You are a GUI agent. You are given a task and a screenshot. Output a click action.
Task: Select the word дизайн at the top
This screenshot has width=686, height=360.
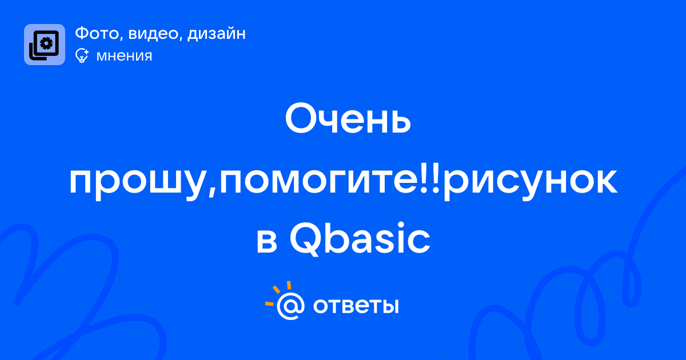[x=216, y=34]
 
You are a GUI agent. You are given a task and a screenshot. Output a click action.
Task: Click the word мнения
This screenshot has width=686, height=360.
[x=124, y=56]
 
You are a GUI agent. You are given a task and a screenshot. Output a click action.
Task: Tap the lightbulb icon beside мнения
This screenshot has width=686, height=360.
[x=82, y=55]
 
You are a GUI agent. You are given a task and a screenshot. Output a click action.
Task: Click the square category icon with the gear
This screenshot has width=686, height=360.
[x=45, y=45]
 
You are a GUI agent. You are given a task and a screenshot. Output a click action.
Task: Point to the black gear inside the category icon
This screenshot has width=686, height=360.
[x=46, y=43]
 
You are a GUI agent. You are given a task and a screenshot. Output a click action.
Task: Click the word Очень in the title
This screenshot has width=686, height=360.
[x=348, y=119]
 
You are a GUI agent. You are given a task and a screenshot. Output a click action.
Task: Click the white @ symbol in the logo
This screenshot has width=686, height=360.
[x=290, y=306]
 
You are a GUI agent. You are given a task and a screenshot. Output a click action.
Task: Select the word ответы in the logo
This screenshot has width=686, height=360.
[x=356, y=306]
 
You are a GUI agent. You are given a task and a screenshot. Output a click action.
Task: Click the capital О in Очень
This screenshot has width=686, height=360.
[x=301, y=118]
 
